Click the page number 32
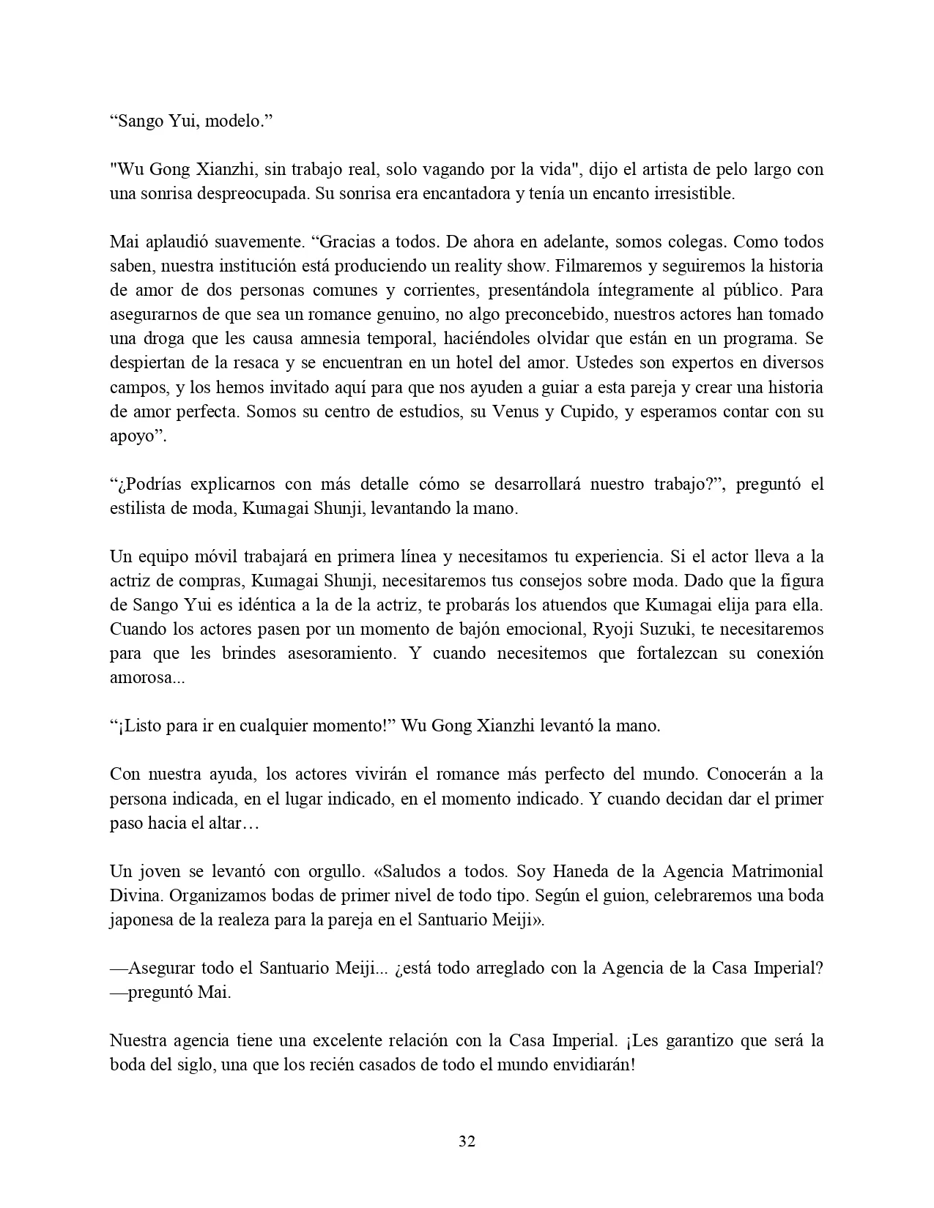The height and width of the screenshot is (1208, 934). click(467, 1141)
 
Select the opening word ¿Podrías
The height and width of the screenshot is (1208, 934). click(147, 485)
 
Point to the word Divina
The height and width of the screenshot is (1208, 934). click(133, 896)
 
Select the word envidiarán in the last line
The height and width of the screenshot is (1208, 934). click(592, 1065)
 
